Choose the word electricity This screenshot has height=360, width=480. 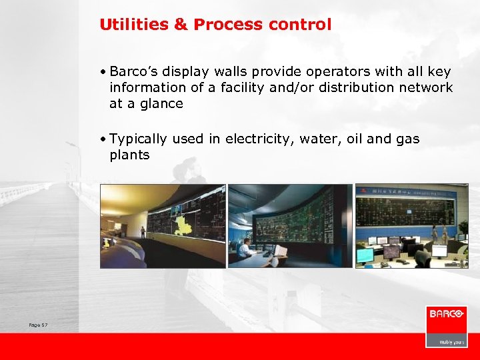(257, 139)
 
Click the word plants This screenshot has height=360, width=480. (129, 155)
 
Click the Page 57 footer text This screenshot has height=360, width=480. (39, 325)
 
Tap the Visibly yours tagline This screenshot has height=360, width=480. (450, 342)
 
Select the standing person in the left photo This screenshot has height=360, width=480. (143, 231)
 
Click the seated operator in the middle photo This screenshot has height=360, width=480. (246, 248)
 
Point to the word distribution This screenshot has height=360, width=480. (361, 87)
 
